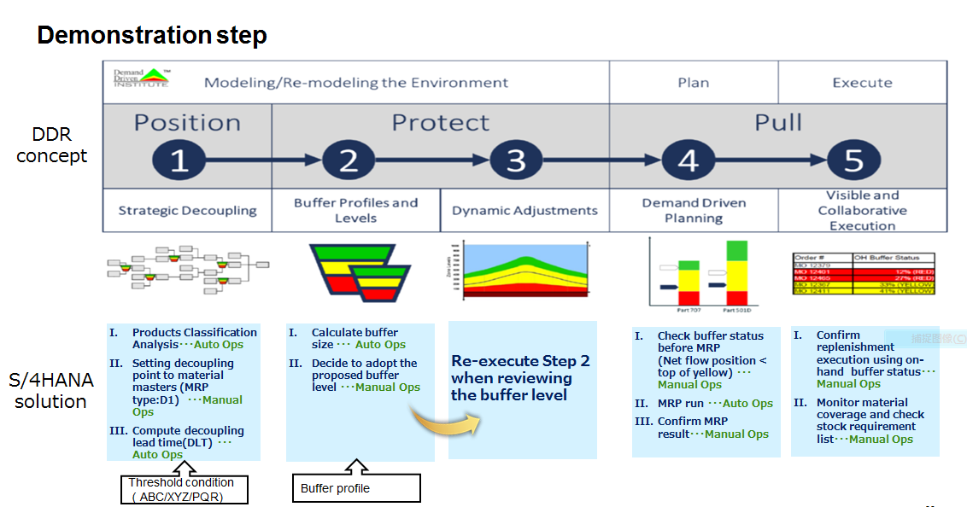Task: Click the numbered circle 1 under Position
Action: [179, 160]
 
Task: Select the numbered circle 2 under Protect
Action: [349, 160]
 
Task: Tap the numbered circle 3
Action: [515, 160]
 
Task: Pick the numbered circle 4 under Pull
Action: [688, 160]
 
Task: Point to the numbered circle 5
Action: [853, 160]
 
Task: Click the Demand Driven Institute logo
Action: [141, 78]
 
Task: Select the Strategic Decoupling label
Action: [187, 211]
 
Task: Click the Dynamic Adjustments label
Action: [525, 211]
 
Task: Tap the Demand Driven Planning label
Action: [694, 211]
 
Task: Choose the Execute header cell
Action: [862, 83]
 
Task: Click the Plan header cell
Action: [693, 83]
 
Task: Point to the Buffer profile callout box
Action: [356, 488]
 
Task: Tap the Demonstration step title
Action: [152, 35]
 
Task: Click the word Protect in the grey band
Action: [440, 122]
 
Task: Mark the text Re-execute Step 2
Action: [520, 361]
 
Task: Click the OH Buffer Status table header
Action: [893, 257]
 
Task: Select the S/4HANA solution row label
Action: [50, 390]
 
